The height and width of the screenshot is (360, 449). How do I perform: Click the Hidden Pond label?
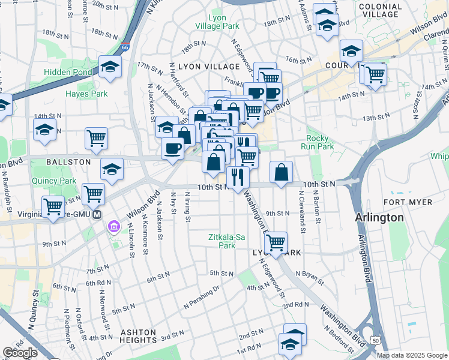pos(68,72)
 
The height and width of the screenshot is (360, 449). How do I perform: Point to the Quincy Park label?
pos(59,181)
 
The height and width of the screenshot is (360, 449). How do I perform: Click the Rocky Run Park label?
pos(320,142)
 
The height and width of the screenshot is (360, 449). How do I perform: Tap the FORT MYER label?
pos(408,202)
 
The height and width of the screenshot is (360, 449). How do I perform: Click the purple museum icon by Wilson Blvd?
pos(113,226)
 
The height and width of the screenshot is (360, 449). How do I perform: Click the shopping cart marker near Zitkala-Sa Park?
pos(276,242)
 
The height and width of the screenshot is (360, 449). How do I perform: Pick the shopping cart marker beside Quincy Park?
pos(94,194)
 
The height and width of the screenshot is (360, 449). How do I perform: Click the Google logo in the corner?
pos(20,353)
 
